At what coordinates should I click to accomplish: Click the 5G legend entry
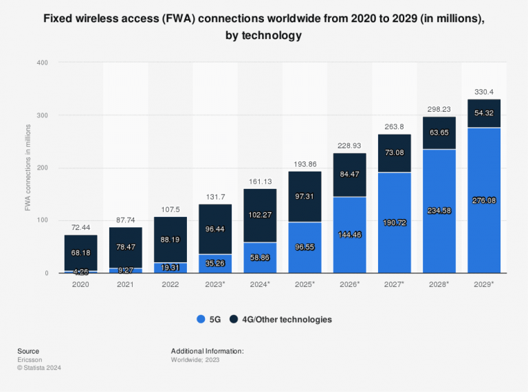pyautogui.click(x=211, y=319)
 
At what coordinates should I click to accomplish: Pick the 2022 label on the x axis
pyautogui.click(x=170, y=283)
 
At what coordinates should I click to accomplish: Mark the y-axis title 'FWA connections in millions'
pyautogui.click(x=28, y=168)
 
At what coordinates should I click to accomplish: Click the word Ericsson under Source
pyautogui.click(x=30, y=359)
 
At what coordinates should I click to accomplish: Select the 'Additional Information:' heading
pyautogui.click(x=208, y=351)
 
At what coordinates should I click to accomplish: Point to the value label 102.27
pyautogui.click(x=260, y=214)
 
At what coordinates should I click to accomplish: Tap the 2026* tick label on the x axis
pyautogui.click(x=350, y=283)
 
